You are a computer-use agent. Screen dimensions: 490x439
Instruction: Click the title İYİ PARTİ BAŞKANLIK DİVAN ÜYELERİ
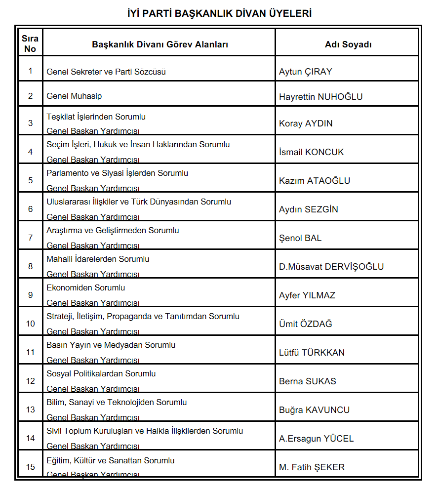click(219, 13)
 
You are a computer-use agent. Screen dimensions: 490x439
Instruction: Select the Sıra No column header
click(30, 43)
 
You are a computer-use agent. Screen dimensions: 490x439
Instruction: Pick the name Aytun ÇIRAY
click(306, 72)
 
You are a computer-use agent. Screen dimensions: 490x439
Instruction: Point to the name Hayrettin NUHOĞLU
click(320, 97)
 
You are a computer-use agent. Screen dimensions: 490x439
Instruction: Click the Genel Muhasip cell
click(74, 96)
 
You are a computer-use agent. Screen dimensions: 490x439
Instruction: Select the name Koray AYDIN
click(306, 123)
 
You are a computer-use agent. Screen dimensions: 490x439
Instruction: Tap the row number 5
click(31, 180)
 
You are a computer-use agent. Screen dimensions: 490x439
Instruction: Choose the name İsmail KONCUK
click(311, 152)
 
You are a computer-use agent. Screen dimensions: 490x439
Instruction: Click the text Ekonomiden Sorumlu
click(86, 287)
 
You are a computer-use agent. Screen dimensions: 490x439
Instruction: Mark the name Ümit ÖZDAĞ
click(306, 324)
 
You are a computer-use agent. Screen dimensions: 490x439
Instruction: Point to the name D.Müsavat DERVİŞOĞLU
click(331, 267)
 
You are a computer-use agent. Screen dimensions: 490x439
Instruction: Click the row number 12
click(31, 381)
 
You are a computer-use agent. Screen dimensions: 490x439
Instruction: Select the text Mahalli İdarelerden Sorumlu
click(98, 259)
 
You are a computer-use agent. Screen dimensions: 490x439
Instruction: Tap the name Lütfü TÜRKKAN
click(312, 353)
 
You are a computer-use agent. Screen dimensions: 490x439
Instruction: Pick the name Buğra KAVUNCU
click(314, 410)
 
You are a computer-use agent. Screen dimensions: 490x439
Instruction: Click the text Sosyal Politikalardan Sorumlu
click(101, 373)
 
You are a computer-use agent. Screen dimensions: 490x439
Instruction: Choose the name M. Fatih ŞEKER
click(312, 467)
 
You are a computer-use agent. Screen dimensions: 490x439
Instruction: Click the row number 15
click(31, 467)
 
